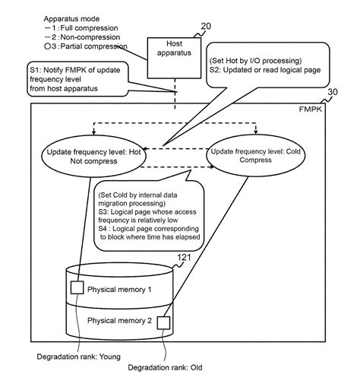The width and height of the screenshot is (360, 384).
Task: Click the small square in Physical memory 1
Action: (x=76, y=288)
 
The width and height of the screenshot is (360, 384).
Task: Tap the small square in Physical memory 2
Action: (x=165, y=321)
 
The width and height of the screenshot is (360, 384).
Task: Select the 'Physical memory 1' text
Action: (x=120, y=290)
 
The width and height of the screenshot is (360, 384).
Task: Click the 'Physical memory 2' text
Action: (x=120, y=321)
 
